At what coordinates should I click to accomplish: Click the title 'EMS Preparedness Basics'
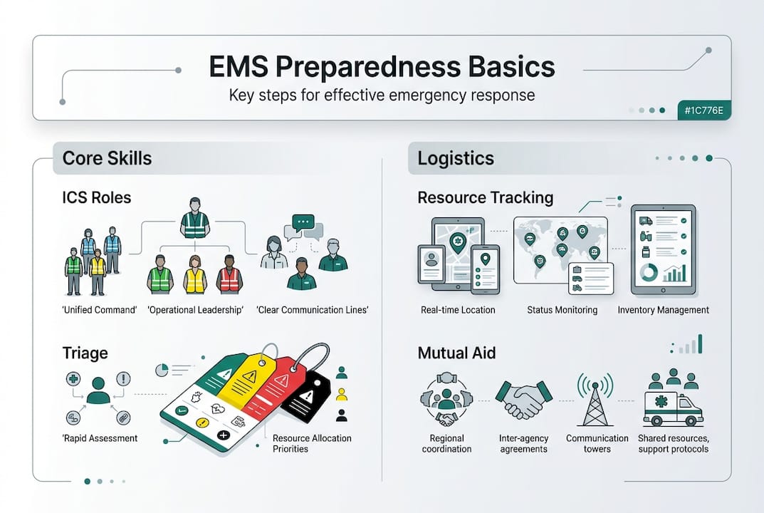(382, 67)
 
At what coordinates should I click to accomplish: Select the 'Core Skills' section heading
(107, 157)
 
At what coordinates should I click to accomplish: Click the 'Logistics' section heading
(456, 157)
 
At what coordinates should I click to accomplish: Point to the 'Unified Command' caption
(90, 309)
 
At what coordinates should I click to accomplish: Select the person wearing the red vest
(229, 274)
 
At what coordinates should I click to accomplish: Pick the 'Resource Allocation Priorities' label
(312, 443)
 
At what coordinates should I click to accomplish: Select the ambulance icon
(672, 408)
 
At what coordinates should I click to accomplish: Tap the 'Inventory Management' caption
(663, 310)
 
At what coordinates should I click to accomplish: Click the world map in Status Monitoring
(559, 246)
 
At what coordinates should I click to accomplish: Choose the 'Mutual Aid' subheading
(456, 353)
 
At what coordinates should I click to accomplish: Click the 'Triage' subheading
(85, 353)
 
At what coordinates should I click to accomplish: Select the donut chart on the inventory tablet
(650, 272)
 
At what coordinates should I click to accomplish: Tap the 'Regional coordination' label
(447, 443)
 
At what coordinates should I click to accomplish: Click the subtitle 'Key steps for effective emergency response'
(382, 95)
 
